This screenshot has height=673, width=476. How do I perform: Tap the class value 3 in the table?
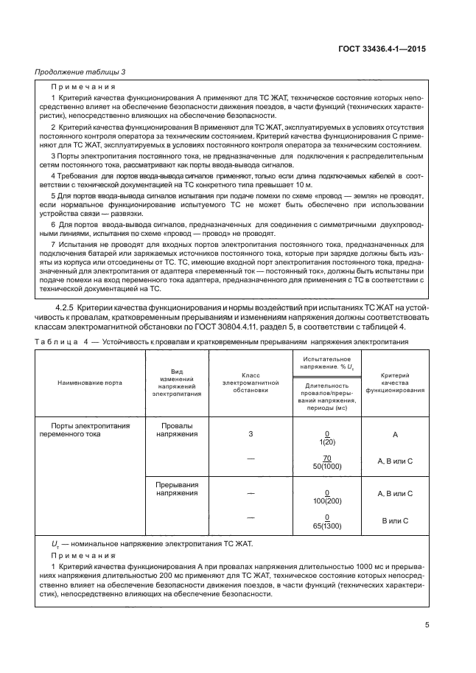251,434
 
